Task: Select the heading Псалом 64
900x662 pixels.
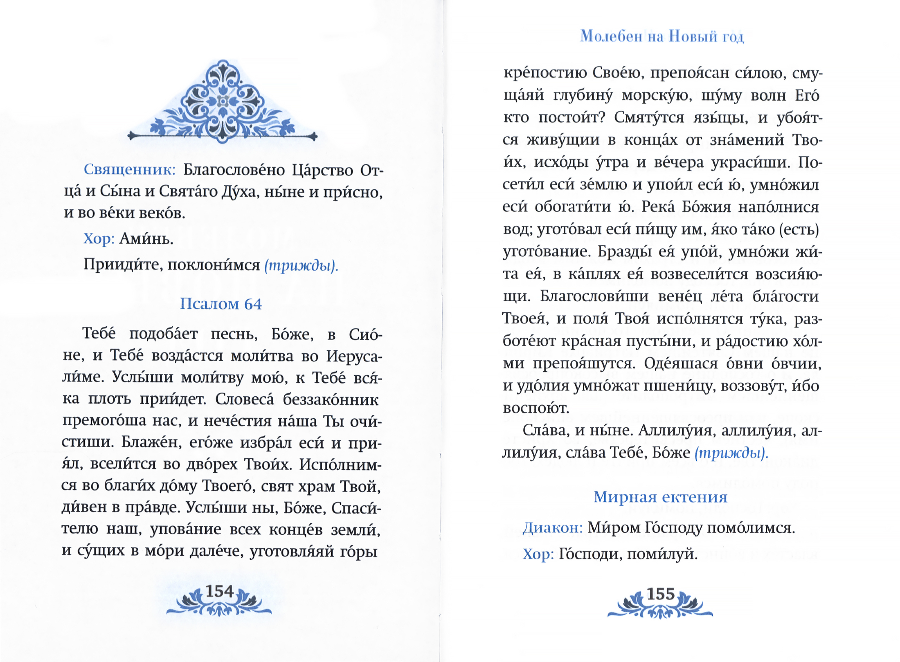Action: pyautogui.click(x=220, y=304)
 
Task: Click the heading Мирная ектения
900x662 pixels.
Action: pyautogui.click(x=660, y=497)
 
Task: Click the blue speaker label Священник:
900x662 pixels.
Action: pyautogui.click(x=129, y=170)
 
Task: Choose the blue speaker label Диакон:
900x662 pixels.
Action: pyautogui.click(x=552, y=528)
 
